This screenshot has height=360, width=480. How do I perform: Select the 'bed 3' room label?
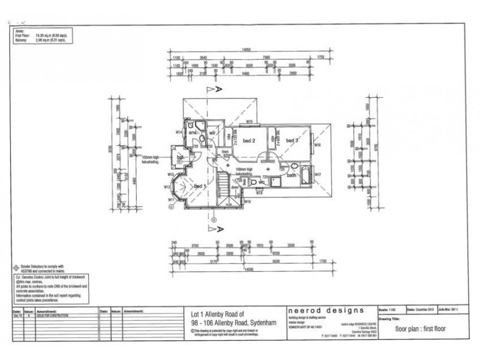[292, 140]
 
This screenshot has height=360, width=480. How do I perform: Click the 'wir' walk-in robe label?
[212, 131]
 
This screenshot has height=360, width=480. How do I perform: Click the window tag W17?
[319, 175]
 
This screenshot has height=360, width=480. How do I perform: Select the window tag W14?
[179, 131]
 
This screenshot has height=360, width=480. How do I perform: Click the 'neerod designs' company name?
[325, 310]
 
